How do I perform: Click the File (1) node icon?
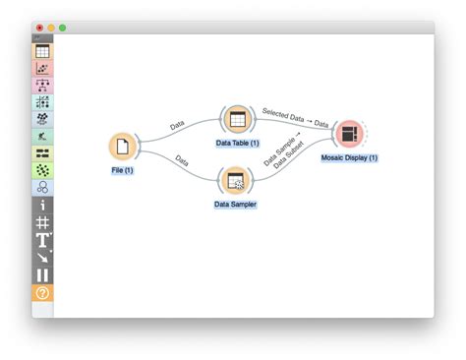click(122, 147)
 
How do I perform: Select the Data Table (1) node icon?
click(236, 119)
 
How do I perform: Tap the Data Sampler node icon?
click(236, 179)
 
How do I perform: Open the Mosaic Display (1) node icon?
click(348, 133)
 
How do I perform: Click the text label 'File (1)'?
click(122, 170)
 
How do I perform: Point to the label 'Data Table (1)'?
click(237, 143)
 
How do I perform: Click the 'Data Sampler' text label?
click(236, 204)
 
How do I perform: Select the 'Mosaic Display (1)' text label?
click(349, 157)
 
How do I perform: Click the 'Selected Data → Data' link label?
click(295, 117)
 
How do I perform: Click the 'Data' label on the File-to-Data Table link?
click(177, 125)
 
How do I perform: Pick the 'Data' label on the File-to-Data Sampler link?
click(182, 159)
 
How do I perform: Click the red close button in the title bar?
click(39, 28)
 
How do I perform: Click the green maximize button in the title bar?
click(62, 28)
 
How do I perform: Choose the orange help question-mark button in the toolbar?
click(42, 293)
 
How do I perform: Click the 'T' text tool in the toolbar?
click(42, 240)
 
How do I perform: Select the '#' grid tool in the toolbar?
click(42, 222)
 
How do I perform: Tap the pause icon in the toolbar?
click(42, 275)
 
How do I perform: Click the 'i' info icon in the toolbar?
click(42, 205)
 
